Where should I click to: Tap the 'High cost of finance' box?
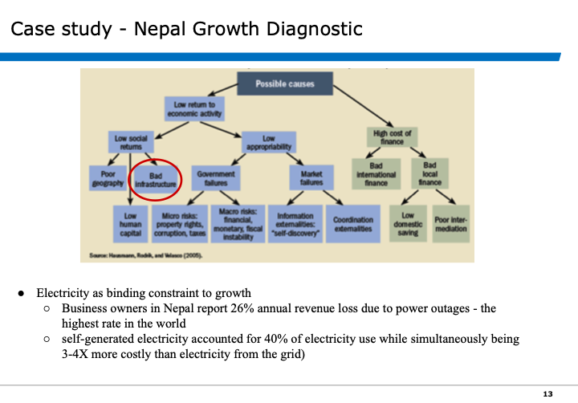coord(392,136)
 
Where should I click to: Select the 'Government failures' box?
coord(216,178)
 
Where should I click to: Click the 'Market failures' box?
coord(311,178)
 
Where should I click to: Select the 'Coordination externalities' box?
coord(352,225)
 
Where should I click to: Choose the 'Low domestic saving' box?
coord(408,223)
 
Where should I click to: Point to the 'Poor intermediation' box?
coord(450,224)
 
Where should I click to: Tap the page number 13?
coord(548,393)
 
